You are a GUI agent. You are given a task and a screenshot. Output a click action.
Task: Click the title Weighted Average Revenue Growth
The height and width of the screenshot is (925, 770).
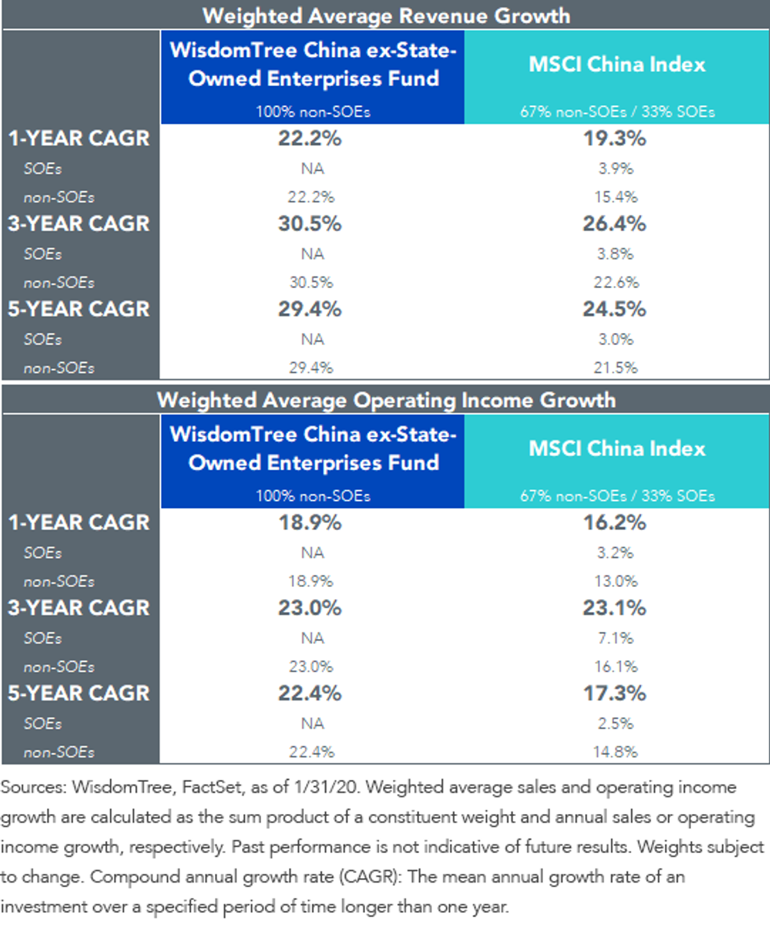pos(386,16)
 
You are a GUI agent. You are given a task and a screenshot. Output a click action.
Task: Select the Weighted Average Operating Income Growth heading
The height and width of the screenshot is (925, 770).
pos(386,400)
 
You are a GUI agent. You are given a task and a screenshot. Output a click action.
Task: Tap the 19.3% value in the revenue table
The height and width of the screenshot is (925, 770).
pos(615,138)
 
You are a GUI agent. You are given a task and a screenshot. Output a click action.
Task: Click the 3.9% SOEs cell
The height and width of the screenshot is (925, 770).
pos(616,168)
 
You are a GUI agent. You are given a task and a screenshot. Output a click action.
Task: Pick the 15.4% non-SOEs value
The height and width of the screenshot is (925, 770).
pos(616,197)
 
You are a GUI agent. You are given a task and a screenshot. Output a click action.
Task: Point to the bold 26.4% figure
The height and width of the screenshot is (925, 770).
pos(615,223)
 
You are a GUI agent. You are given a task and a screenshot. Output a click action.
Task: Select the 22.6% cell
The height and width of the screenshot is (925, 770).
pos(616,282)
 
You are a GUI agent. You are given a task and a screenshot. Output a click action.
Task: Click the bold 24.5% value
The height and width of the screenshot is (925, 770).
pos(615,309)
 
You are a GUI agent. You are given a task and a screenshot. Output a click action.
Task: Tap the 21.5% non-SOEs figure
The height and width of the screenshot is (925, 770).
pos(616,368)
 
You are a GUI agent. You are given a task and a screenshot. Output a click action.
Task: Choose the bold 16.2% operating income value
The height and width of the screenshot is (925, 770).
pos(615,522)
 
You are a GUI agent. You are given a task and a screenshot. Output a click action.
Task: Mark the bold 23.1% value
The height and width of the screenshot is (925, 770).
pos(615,607)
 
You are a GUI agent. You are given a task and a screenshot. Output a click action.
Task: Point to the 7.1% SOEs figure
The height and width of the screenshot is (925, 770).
pos(616,638)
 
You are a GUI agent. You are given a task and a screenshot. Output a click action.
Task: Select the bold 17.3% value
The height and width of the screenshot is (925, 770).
pos(615,693)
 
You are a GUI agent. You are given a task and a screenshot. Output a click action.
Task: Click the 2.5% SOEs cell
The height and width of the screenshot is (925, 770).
pos(616,724)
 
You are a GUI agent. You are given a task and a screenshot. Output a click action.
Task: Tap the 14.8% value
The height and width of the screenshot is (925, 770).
pos(616,752)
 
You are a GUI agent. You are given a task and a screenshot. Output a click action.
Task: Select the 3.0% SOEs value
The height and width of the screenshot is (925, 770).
pos(616,339)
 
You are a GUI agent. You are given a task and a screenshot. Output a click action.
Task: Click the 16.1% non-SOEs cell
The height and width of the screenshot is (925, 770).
pos(616,666)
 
